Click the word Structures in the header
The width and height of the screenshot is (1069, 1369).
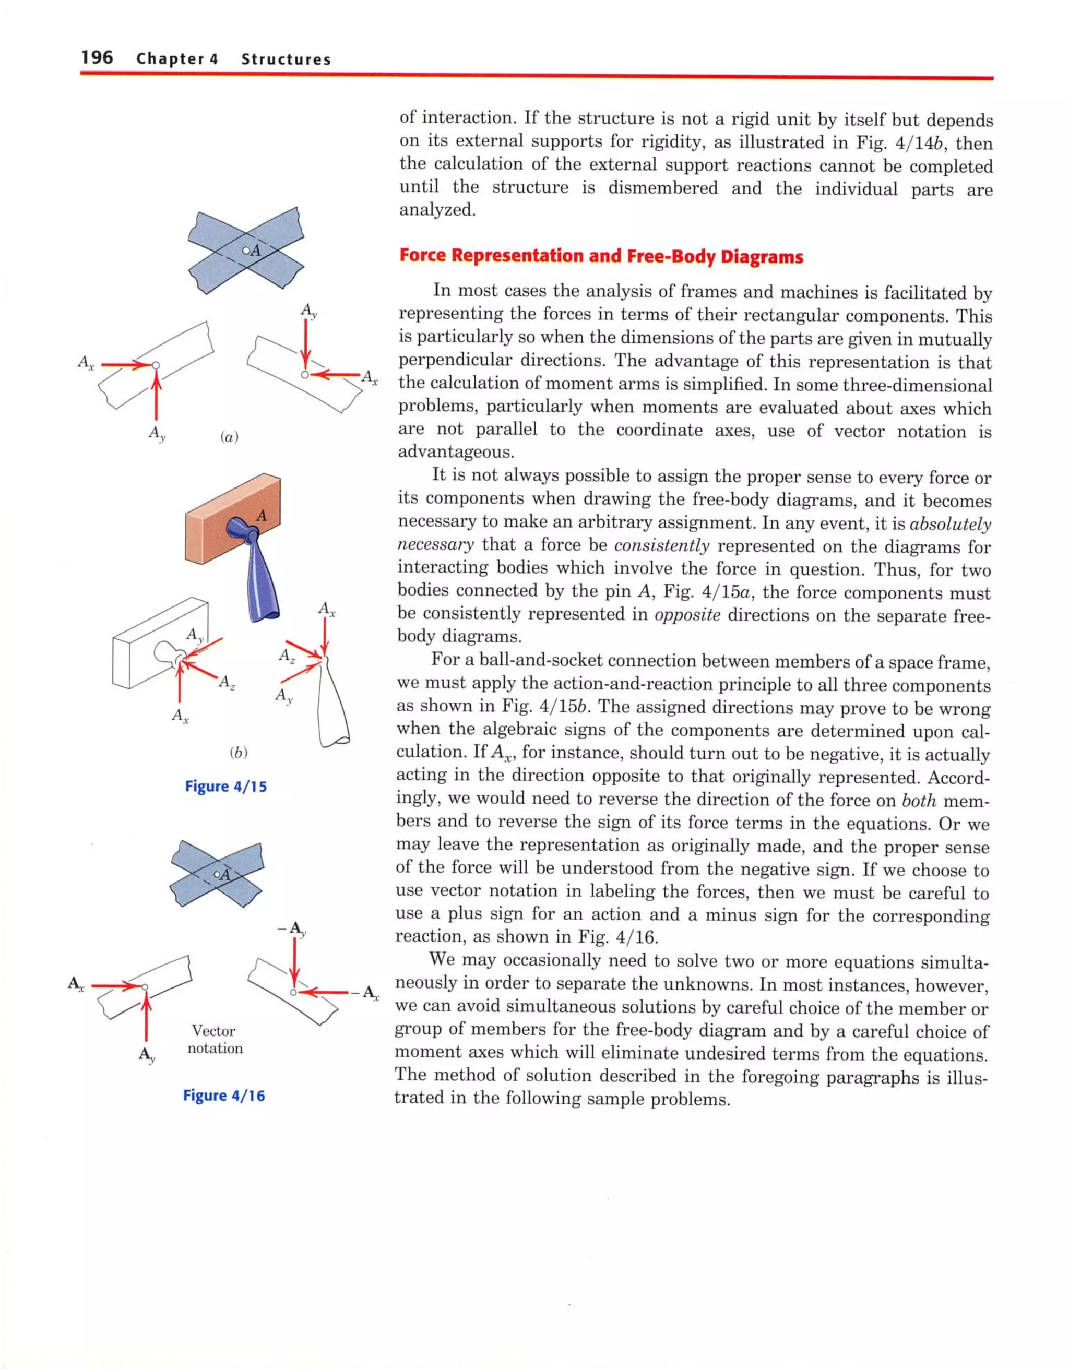click(286, 59)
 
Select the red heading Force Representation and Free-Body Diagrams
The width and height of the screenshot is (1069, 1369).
click(601, 256)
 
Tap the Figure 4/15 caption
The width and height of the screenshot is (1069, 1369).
click(225, 786)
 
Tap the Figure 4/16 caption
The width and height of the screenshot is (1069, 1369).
click(224, 1095)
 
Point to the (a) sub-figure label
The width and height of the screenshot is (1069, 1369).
click(230, 437)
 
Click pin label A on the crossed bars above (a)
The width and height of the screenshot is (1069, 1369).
click(255, 251)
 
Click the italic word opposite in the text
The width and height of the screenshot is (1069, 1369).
click(687, 614)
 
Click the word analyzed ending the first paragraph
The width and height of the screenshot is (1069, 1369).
click(437, 210)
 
